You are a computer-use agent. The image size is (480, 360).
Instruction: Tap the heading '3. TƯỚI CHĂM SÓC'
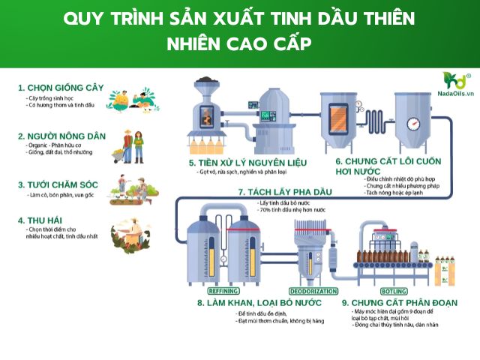(57, 184)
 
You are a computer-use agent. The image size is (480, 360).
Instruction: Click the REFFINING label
(203, 289)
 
